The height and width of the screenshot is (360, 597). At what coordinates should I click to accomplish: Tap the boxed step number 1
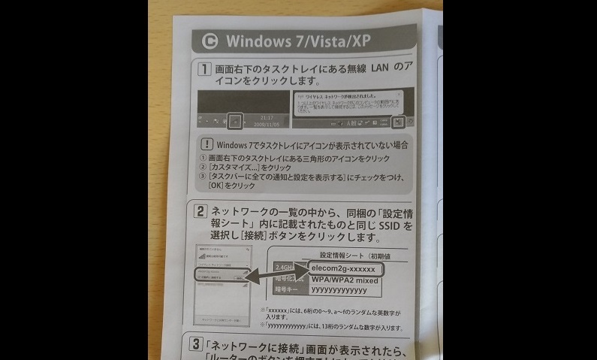[x=203, y=69]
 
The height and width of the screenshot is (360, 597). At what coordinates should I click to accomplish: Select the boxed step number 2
[x=201, y=212]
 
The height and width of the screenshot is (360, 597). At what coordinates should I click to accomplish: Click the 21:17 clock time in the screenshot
[x=267, y=117]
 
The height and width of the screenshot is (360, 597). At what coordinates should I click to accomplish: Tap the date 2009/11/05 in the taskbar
[x=265, y=125]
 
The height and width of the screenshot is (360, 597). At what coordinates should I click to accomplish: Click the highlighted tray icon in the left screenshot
[x=236, y=120]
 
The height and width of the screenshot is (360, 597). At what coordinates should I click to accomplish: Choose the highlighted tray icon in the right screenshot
[x=398, y=121]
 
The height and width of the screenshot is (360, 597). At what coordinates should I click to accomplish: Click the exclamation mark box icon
[x=207, y=144]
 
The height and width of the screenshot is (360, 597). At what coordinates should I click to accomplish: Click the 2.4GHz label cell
[x=285, y=268]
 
